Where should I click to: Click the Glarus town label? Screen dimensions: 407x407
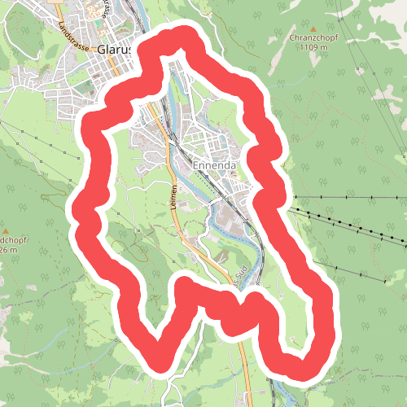(x=113, y=49)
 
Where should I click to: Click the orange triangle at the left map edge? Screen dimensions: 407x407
(x=7, y=230)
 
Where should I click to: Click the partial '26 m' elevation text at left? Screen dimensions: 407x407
(x=7, y=251)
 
